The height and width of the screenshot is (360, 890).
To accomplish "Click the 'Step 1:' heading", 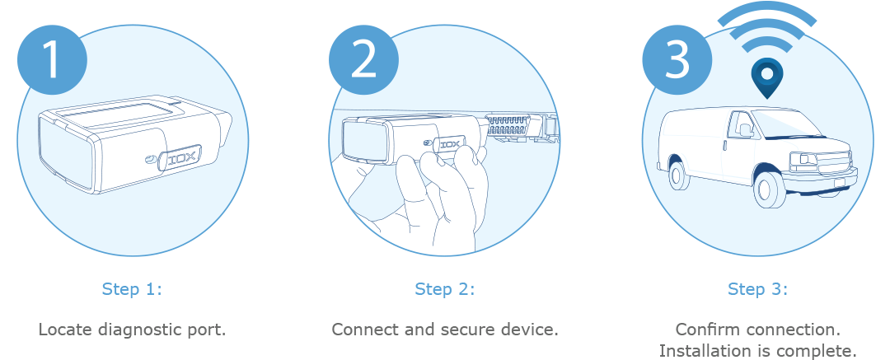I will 132,289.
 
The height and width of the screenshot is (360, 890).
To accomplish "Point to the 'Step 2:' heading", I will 445,289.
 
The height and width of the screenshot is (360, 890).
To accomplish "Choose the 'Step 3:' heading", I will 757,289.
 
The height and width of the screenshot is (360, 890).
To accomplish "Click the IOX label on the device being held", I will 450,142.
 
